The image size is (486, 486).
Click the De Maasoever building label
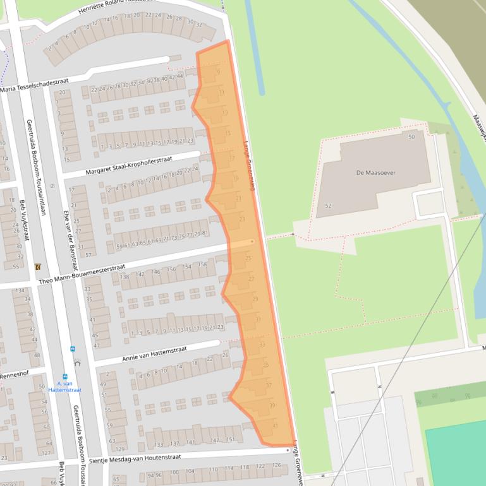(x=376, y=172)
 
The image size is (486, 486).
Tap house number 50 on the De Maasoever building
(x=411, y=137)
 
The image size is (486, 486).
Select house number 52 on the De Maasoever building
(x=327, y=206)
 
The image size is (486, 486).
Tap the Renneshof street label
(x=15, y=376)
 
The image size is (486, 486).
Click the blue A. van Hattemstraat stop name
(x=65, y=386)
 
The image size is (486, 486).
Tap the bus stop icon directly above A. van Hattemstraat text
(x=65, y=376)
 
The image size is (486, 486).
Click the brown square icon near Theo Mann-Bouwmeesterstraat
(x=38, y=267)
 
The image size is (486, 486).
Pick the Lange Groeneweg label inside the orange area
(x=250, y=165)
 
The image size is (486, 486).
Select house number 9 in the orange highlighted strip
(x=219, y=72)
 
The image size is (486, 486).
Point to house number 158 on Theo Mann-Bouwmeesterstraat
(x=202, y=264)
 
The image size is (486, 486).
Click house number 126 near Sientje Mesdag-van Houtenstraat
(x=276, y=466)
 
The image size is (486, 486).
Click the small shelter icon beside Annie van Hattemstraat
(x=77, y=364)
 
